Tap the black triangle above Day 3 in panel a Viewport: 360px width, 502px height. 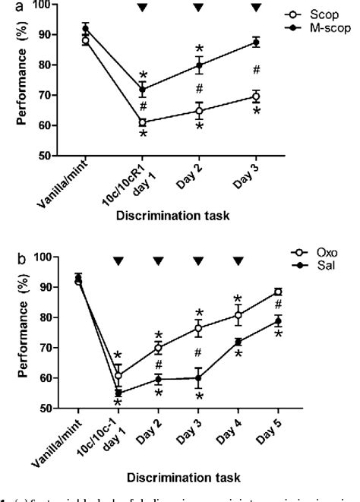pyautogui.click(x=255, y=8)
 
